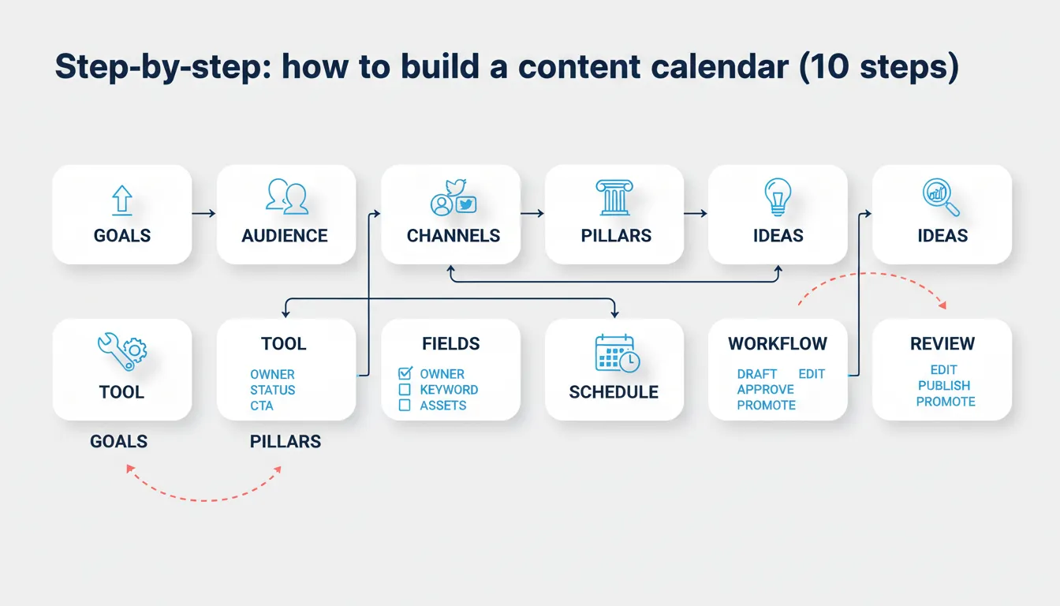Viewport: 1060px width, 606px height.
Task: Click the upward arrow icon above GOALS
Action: coord(121,200)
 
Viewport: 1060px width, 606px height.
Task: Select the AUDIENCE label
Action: coord(285,236)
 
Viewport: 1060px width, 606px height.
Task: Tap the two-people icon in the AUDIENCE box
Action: coord(286,196)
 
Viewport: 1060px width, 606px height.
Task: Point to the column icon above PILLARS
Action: coord(614,197)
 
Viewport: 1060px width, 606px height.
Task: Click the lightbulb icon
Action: coord(778,196)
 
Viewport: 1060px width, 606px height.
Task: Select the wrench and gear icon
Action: coord(121,352)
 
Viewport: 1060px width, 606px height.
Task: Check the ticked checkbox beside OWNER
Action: coord(405,373)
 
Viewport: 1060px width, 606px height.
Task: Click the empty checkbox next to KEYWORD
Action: coord(405,390)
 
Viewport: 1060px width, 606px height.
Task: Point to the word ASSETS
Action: coord(443,406)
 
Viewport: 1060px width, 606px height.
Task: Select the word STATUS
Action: coord(273,390)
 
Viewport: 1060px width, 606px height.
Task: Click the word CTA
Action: coord(262,406)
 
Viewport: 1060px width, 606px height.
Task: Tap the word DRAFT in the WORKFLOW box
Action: coord(757,374)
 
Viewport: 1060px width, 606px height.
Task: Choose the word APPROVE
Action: coord(765,390)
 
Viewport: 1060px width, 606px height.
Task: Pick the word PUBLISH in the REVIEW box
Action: coord(944,386)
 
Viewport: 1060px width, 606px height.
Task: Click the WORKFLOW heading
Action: coord(778,344)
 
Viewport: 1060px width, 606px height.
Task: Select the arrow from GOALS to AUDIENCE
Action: coord(203,213)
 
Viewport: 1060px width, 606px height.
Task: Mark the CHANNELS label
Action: coord(453,236)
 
